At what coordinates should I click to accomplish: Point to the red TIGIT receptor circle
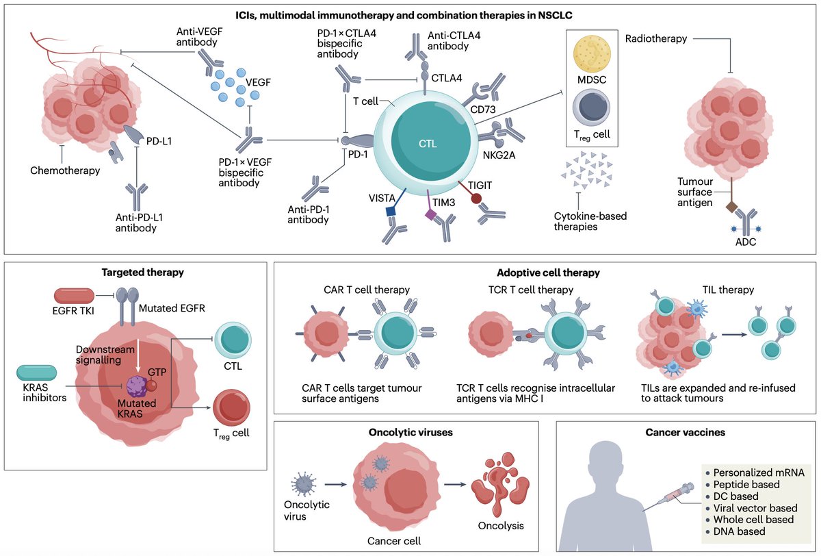coord(477,199)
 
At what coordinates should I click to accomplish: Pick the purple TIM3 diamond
coord(431,215)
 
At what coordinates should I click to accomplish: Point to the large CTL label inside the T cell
coord(427,144)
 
